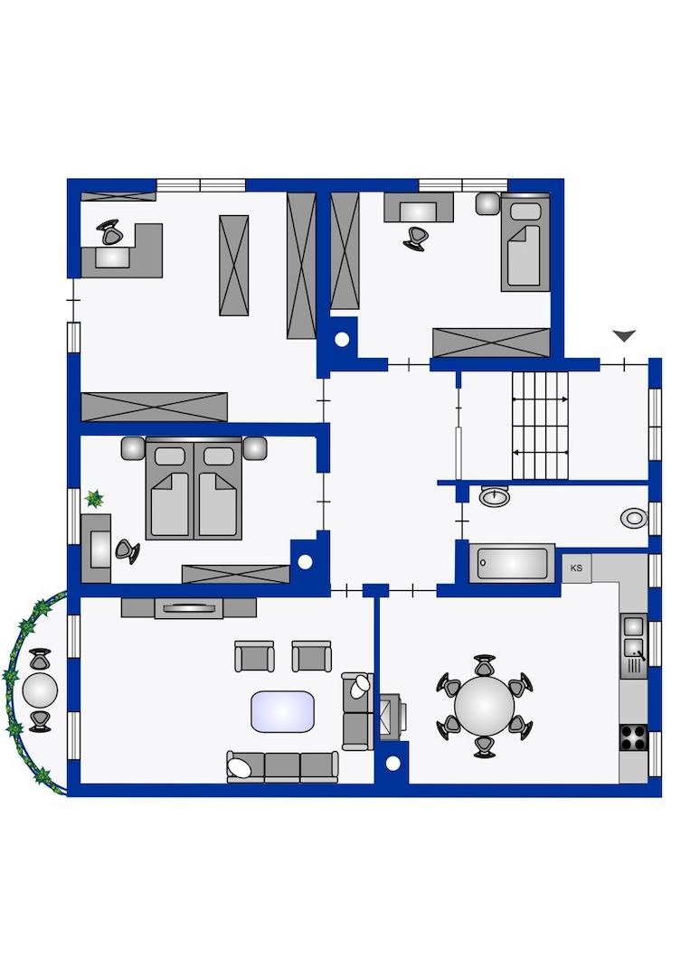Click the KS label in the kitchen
coord(576,568)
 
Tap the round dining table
coord(484,706)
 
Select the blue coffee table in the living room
coord(283,711)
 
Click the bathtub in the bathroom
coord(511,563)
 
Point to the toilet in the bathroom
coord(635,518)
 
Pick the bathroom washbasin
coord(495,496)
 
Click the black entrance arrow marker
coord(623,336)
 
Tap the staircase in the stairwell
coord(541,426)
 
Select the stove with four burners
coord(633,738)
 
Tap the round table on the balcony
coord(40,690)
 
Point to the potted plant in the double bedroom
coord(94,499)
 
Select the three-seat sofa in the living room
coord(282,766)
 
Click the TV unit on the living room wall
coord(189,607)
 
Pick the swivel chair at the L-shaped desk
coord(110,233)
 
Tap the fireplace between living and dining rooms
coord(393,717)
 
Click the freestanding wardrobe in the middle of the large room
coord(234,265)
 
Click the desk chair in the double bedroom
coord(127,551)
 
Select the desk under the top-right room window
coord(419,207)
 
